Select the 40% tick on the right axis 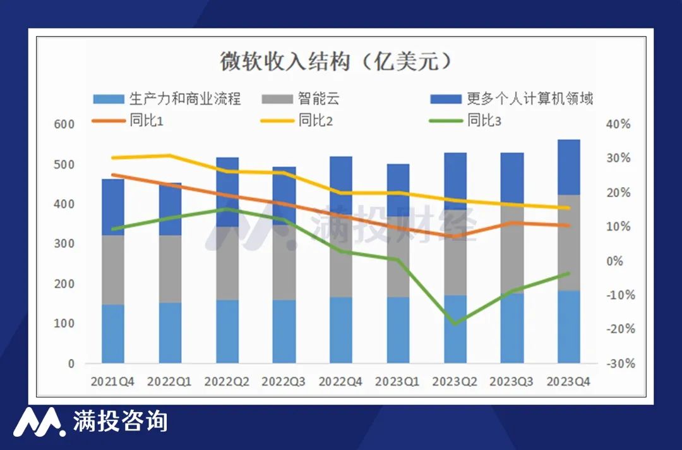(618, 125)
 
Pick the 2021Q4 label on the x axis (112, 382)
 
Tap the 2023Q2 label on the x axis (455, 382)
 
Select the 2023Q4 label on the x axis (568, 382)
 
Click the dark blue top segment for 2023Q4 (568, 167)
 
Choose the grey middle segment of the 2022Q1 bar (170, 269)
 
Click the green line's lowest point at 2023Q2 (455, 324)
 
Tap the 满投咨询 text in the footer (120, 422)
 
